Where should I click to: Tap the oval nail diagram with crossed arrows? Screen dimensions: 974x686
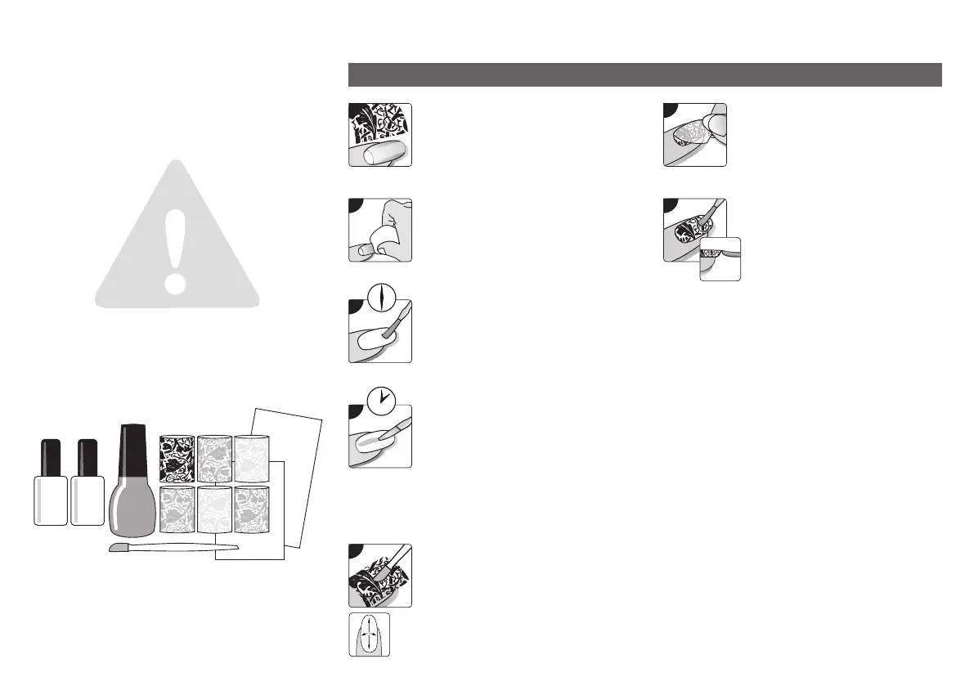click(369, 635)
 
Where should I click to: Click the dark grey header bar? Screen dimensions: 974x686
click(644, 74)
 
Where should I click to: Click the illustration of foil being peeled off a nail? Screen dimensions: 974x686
click(694, 135)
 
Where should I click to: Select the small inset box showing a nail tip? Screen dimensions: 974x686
click(720, 259)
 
